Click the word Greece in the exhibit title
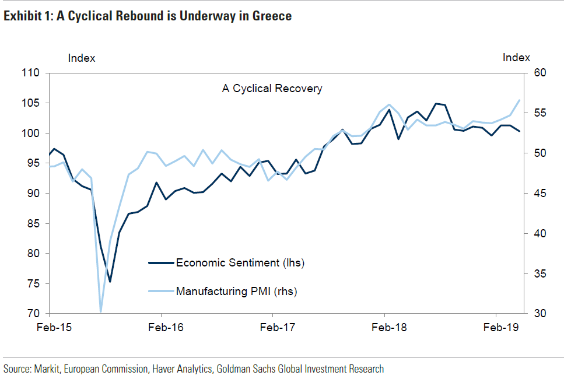tap(272, 16)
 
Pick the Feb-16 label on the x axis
tap(166, 328)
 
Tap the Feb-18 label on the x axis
tap(390, 328)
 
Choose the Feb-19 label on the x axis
tap(501, 328)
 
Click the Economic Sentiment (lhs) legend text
tap(240, 262)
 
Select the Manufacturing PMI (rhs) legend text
tap(236, 291)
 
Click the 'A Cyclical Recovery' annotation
tap(272, 89)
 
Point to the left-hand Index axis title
tap(82, 58)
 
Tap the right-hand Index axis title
tap(516, 58)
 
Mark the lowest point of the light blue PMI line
tap(101, 312)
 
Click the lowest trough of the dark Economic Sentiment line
tap(110, 282)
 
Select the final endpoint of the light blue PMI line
tap(519, 100)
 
